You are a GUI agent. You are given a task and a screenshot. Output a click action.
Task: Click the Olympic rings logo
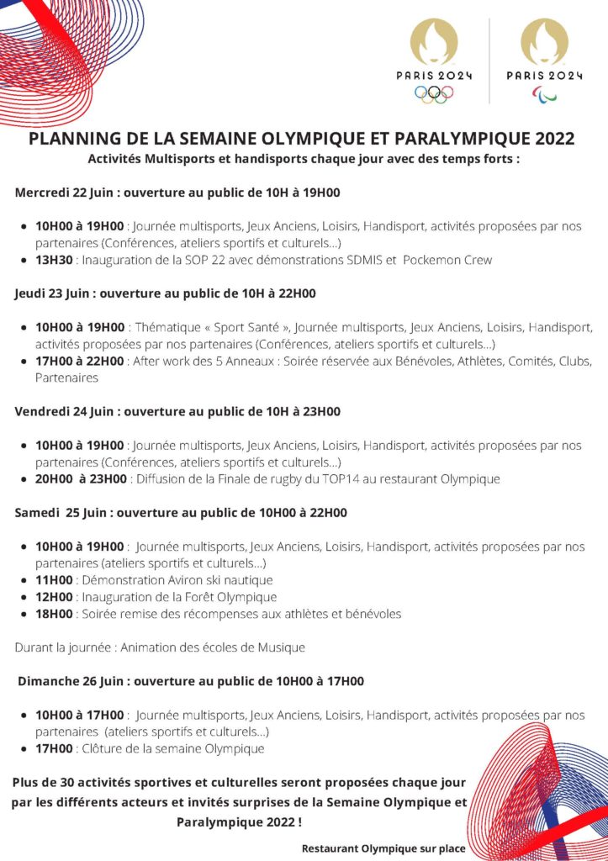434,94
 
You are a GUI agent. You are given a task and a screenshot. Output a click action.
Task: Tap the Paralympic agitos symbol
544,93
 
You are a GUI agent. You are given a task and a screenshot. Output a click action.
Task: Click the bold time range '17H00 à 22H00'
80,361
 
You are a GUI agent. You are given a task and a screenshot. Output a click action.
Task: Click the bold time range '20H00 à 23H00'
81,478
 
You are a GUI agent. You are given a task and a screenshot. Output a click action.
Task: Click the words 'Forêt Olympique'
233,596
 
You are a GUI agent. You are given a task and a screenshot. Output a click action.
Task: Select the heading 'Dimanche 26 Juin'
71,680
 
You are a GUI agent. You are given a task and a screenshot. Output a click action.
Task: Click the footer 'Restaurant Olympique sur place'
383,848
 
